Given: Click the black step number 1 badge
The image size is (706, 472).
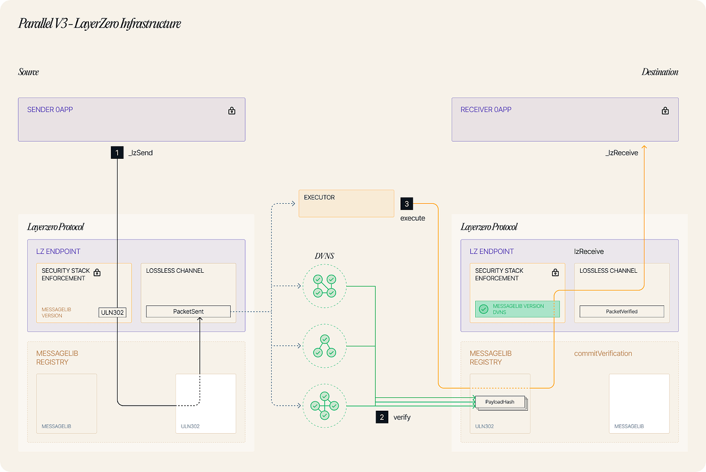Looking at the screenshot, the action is [117, 153].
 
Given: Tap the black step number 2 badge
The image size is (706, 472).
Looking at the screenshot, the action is [382, 417].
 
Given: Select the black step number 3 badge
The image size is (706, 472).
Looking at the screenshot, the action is [407, 204].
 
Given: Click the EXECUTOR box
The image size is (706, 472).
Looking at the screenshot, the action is [346, 204].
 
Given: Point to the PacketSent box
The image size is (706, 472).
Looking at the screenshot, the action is [188, 312].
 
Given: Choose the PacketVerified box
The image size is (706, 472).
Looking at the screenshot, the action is [622, 312].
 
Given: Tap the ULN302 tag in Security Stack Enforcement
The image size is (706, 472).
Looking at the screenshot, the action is [112, 313].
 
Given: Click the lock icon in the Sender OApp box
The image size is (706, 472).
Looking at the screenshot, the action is [232, 111].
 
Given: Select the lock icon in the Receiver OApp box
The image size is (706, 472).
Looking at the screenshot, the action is [665, 111].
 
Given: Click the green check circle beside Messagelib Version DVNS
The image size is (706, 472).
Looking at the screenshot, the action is [483, 309].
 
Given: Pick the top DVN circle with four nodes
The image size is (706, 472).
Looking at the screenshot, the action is [325, 286].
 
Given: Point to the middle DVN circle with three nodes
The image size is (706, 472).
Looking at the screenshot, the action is [325, 346].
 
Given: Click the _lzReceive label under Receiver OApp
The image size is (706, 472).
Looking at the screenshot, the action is [622, 153].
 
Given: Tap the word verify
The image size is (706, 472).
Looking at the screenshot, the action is [402, 417].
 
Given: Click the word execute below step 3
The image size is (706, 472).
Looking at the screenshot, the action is [412, 218].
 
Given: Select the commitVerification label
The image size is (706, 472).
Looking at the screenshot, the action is [603, 353].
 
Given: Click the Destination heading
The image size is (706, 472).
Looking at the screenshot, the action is [659, 72].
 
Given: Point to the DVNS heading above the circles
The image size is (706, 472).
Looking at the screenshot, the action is [324, 256].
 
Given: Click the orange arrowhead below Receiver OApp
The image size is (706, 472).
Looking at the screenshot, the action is [644, 147].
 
